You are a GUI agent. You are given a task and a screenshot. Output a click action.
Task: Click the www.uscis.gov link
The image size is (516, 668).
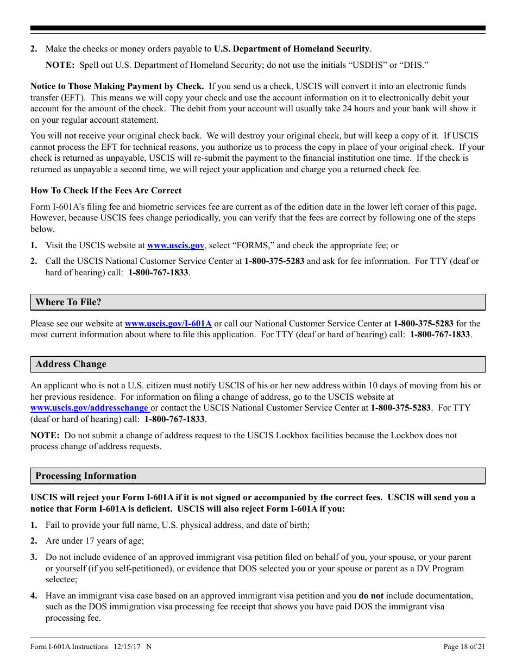click(x=175, y=245)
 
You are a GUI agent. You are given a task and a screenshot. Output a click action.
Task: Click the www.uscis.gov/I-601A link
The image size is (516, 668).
click(x=168, y=324)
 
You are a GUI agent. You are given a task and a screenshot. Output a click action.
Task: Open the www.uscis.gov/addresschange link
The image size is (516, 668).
click(x=90, y=408)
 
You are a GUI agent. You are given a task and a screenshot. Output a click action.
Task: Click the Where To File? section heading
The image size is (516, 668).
click(x=68, y=303)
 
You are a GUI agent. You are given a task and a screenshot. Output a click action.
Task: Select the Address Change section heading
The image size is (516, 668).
click(x=71, y=364)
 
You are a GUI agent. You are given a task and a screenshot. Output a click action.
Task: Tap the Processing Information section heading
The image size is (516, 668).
click(x=86, y=476)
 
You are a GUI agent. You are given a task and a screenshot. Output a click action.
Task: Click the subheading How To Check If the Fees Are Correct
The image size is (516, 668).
click(x=106, y=191)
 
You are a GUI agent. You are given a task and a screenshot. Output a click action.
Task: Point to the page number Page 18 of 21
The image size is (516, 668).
click(x=464, y=646)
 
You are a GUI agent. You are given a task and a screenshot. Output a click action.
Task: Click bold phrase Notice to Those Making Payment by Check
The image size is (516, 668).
click(x=117, y=86)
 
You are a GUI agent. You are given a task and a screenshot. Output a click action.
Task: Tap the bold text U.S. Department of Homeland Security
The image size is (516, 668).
click(x=292, y=49)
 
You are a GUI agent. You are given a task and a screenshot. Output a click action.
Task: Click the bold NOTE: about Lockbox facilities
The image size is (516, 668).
click(x=45, y=436)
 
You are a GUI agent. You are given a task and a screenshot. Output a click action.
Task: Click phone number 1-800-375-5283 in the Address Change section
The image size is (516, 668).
click(x=401, y=408)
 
